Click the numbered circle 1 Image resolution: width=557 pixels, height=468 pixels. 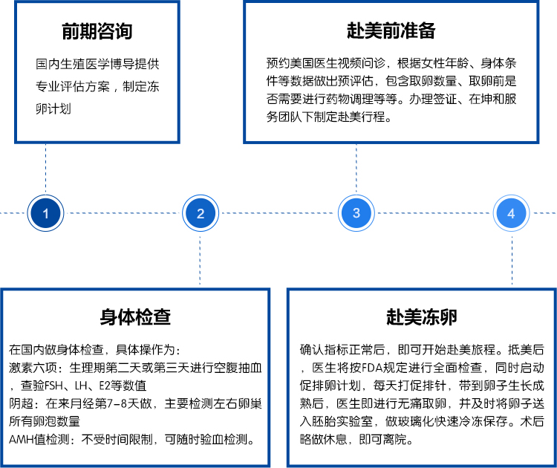coord(45,213)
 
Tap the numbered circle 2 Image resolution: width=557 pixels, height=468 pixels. coord(201,213)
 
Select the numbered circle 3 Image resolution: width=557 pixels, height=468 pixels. coord(356,213)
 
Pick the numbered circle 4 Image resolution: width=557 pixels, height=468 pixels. coord(512,213)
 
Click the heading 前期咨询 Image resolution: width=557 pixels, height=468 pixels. coord(97,31)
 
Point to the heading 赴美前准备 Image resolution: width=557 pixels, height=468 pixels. coord(391,30)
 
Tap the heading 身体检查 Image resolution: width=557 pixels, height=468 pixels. coord(135,317)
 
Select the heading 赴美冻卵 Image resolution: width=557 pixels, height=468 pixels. coord(422,317)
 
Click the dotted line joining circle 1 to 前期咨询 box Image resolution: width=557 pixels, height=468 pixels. coord(45,169)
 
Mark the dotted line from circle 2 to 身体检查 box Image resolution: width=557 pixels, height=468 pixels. coord(200,260)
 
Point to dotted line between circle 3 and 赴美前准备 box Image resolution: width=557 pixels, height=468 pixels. coord(356,169)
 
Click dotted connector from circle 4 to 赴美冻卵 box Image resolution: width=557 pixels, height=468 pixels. coord(512,260)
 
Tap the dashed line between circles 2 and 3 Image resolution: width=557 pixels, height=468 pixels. coord(278,213)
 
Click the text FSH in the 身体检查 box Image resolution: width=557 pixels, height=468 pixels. coord(56,386)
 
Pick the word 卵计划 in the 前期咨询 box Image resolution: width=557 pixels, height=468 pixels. coord(53,108)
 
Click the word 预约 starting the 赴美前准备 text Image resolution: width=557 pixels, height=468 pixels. coord(278,63)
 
